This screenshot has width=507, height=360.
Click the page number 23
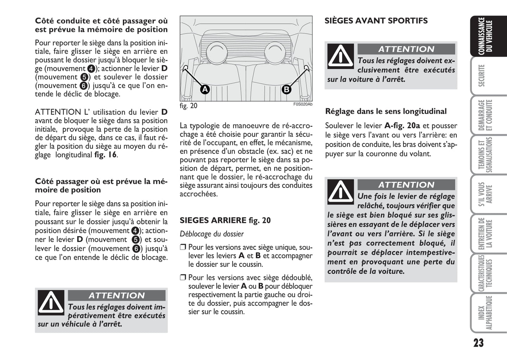pyautogui.click(x=478, y=343)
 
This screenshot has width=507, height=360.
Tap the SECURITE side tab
pyautogui.click(x=485, y=75)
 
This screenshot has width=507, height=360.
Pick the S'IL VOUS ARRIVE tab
pyautogui.click(x=485, y=194)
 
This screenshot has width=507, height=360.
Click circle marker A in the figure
pyautogui.click(x=205, y=89)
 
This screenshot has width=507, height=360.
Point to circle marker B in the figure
pyautogui.click(x=287, y=89)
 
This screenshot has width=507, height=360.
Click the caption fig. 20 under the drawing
pyautogui.click(x=188, y=106)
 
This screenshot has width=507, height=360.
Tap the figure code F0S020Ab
pyautogui.click(x=302, y=104)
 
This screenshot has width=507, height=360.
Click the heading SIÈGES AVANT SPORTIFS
pyautogui.click(x=376, y=21)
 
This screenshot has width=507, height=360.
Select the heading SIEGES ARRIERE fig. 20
pyautogui.click(x=225, y=220)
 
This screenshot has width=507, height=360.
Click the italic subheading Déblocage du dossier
pyautogui.click(x=212, y=234)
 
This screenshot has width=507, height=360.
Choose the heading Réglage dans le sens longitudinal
pyautogui.click(x=386, y=112)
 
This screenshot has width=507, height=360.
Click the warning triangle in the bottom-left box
pyautogui.click(x=51, y=302)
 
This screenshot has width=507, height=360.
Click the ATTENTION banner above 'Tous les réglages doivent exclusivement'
pyautogui.click(x=406, y=49)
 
